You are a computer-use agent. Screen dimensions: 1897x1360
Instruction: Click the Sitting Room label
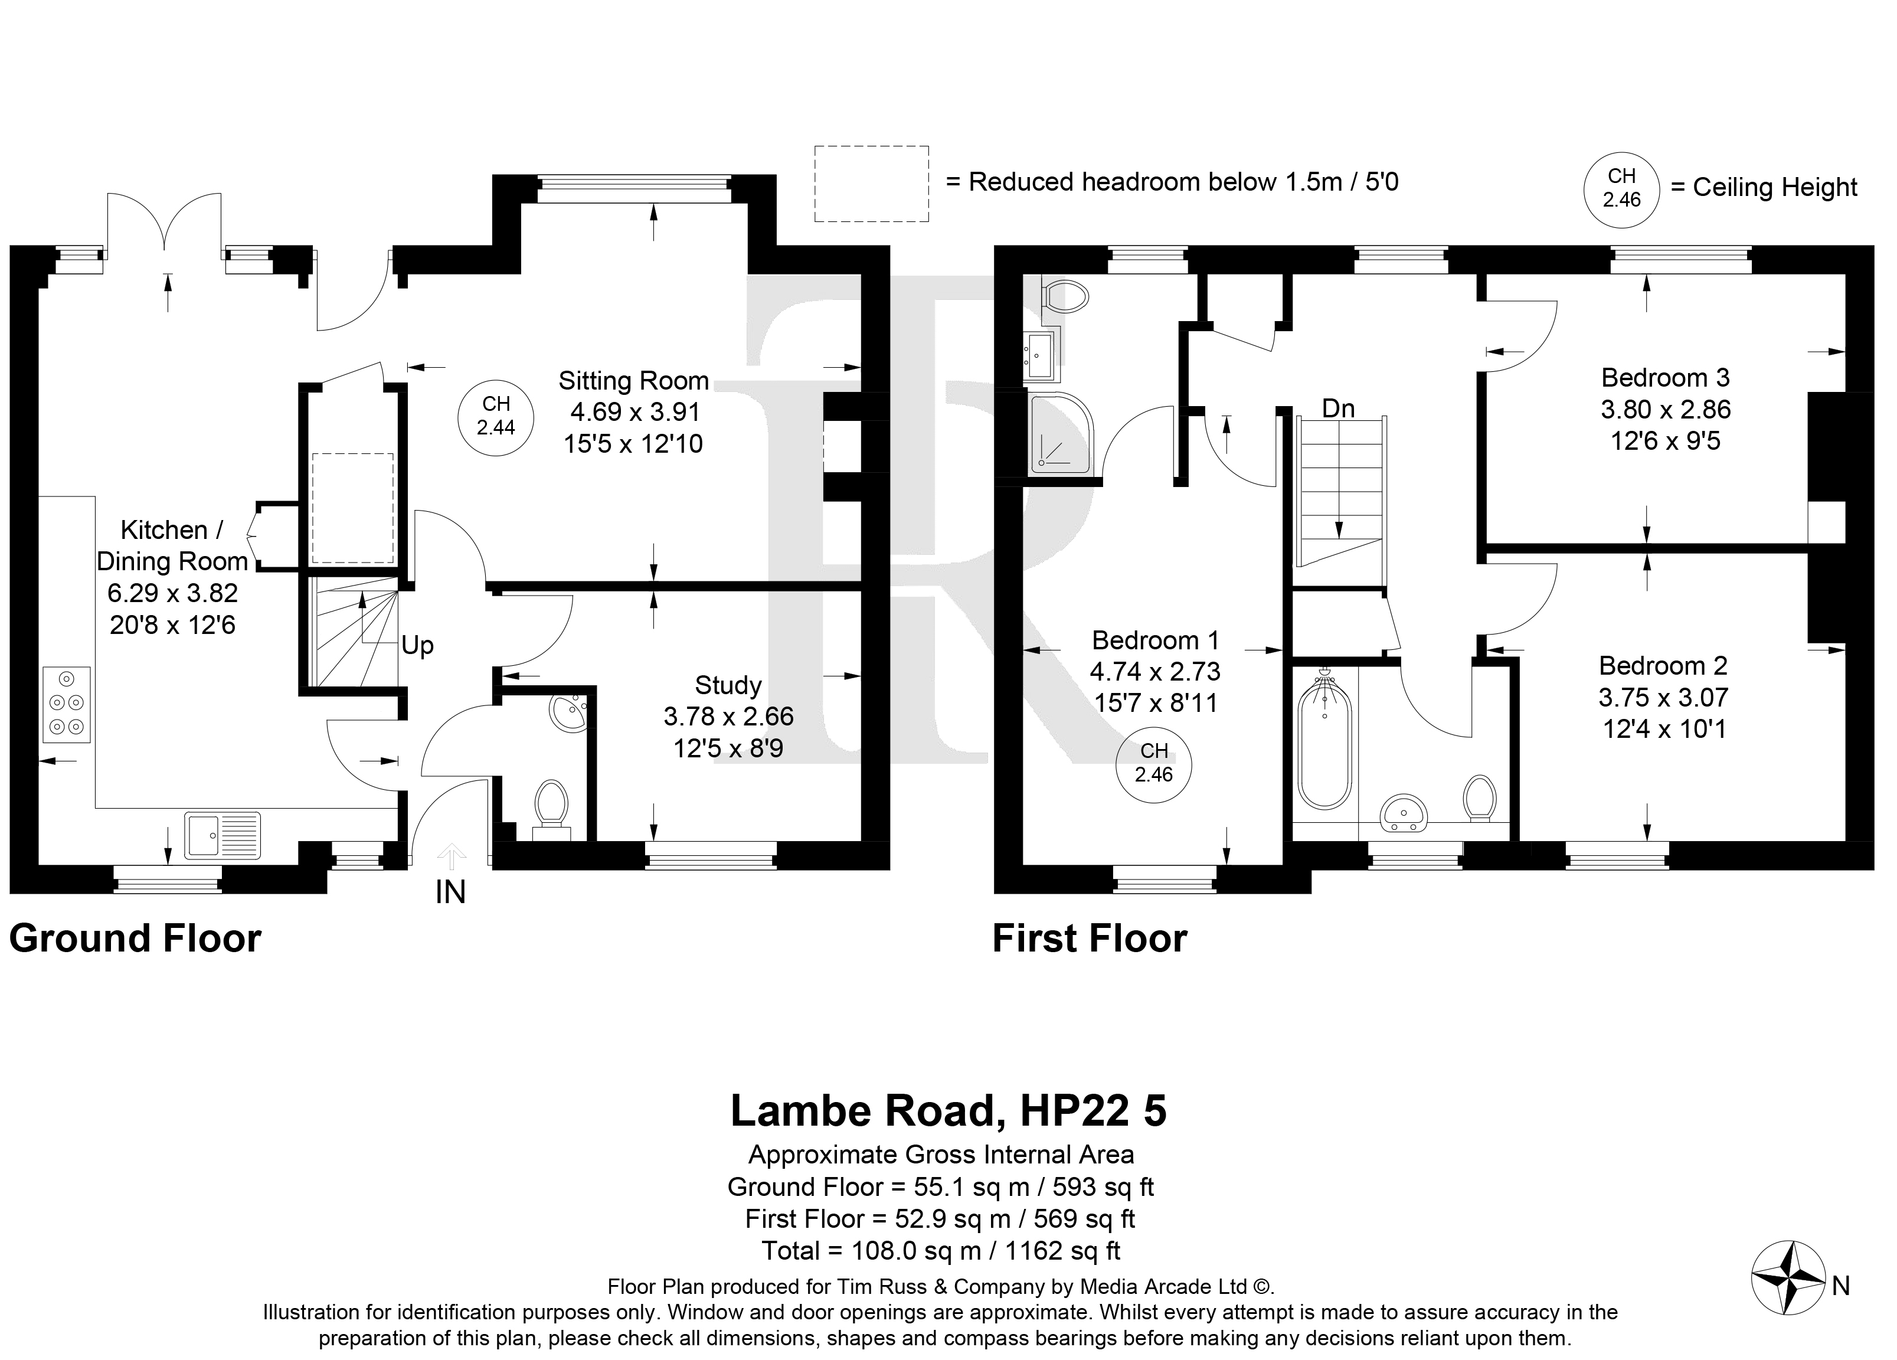pos(633,381)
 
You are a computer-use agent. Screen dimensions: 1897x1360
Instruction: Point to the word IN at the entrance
pos(450,892)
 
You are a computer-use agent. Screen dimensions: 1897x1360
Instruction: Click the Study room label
pos(728,686)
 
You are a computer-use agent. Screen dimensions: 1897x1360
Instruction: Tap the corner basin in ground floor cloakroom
pos(570,712)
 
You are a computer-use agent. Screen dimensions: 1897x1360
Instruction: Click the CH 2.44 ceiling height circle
pos(496,417)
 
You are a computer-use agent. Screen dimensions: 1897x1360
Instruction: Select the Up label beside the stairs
pos(417,646)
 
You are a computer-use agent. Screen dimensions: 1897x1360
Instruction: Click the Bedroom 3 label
pos(1664,378)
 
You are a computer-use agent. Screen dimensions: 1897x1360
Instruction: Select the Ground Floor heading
pos(136,939)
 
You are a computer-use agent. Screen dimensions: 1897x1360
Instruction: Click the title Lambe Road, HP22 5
pos(948,1111)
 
